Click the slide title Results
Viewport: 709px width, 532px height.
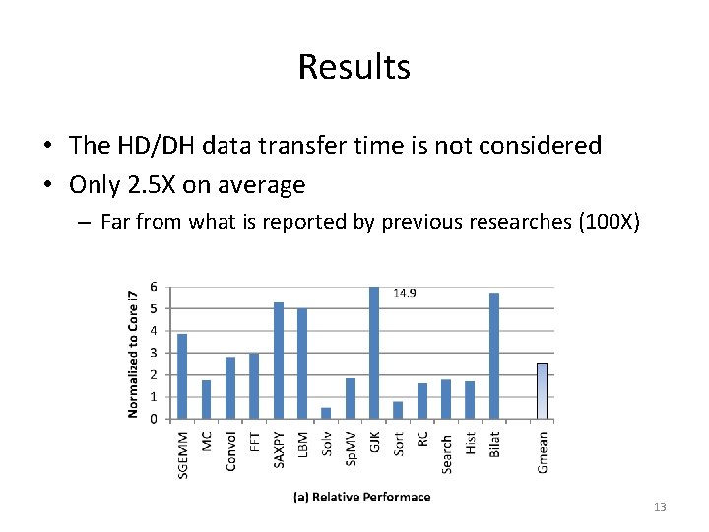pos(354,67)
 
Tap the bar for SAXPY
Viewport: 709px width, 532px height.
pos(279,361)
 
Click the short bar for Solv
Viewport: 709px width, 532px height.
pos(326,413)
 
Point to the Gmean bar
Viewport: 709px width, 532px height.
pos(542,391)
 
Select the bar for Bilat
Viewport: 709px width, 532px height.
pos(494,356)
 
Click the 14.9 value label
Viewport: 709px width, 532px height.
pos(405,293)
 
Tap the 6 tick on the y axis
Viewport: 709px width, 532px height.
pos(153,287)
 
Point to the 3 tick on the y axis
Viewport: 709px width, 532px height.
pos(153,353)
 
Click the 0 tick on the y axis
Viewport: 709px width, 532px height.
pos(153,419)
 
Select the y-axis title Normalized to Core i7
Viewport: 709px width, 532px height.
pos(134,352)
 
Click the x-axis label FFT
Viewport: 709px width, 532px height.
pos(255,443)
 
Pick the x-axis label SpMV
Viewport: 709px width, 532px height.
pos(351,449)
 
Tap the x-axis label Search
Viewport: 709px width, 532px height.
pos(446,453)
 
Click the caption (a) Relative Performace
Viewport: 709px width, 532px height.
pos(362,498)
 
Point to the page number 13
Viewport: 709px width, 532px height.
pos(660,507)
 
